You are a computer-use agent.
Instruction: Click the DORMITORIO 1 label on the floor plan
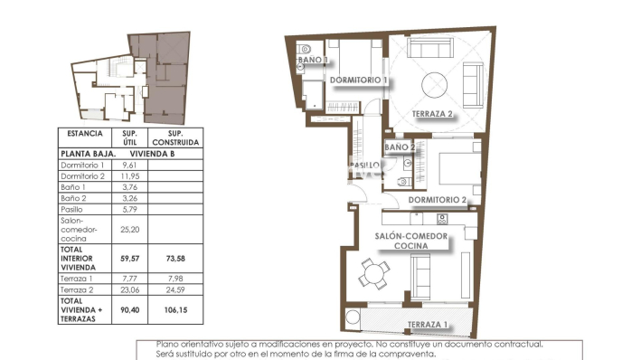coord(358,81)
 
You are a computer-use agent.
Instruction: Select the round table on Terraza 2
coord(437,84)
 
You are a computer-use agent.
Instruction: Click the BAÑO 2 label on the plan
coord(400,147)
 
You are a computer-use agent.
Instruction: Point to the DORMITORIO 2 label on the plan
coord(437,199)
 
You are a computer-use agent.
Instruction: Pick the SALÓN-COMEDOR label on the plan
coord(412,235)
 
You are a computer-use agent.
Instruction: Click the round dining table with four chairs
coord(372,271)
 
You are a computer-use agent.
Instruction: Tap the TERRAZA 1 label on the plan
coord(427,325)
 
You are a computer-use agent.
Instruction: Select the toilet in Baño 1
coord(306,49)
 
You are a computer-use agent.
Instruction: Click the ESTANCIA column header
coord(85,133)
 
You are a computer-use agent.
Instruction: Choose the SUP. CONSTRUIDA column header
coord(176,137)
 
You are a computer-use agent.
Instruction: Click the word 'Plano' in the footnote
coord(167,345)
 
